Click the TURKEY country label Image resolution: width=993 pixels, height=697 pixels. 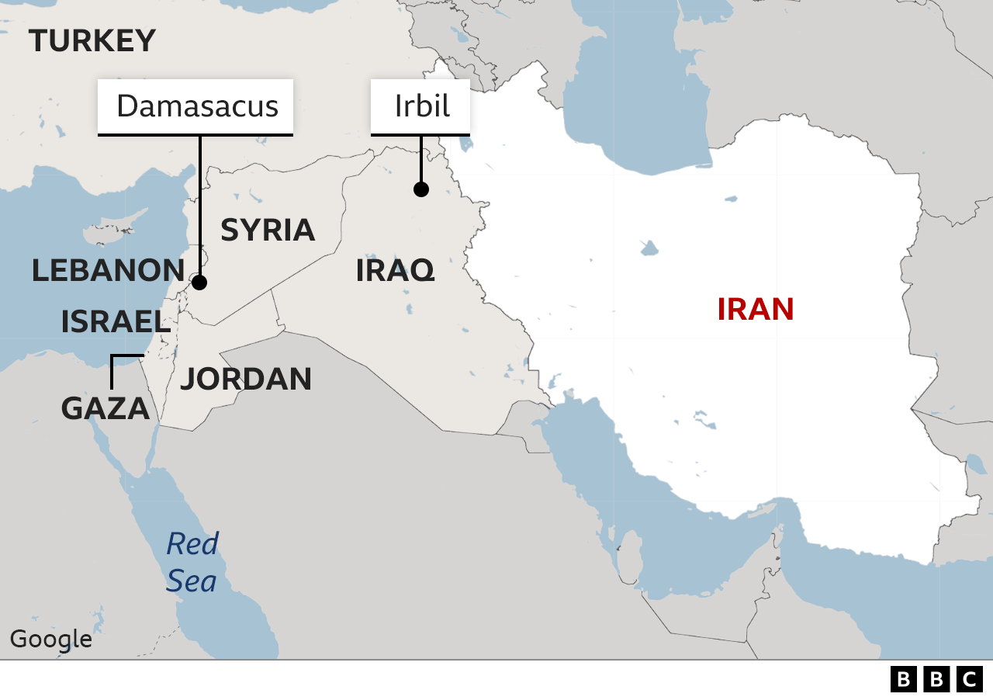pos(92,41)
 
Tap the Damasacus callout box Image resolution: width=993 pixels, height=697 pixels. pos(195,106)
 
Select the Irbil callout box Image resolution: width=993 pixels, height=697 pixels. pos(420,106)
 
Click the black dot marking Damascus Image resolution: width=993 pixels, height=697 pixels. pos(199,283)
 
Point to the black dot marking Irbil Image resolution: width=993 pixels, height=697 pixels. pos(421,189)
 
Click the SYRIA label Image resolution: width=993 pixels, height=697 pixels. pos(268,231)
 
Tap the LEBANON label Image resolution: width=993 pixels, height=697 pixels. pos(108,270)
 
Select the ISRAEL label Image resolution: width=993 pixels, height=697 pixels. pos(115,321)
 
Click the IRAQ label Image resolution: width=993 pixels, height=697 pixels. pos(395,271)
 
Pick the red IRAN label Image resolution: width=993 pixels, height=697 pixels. pos(755,309)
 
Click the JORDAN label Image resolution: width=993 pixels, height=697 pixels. pos(245,379)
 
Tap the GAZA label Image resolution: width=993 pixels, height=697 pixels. pos(105,408)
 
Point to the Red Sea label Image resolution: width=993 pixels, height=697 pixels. pos(192,562)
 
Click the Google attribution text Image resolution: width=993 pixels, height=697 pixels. pos(50,640)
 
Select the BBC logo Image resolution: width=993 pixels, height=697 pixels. pos(936,679)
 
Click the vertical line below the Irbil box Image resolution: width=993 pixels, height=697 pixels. pos(421,159)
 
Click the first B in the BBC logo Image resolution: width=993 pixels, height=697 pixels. pos(903,679)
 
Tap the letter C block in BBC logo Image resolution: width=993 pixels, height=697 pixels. pos(969,679)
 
